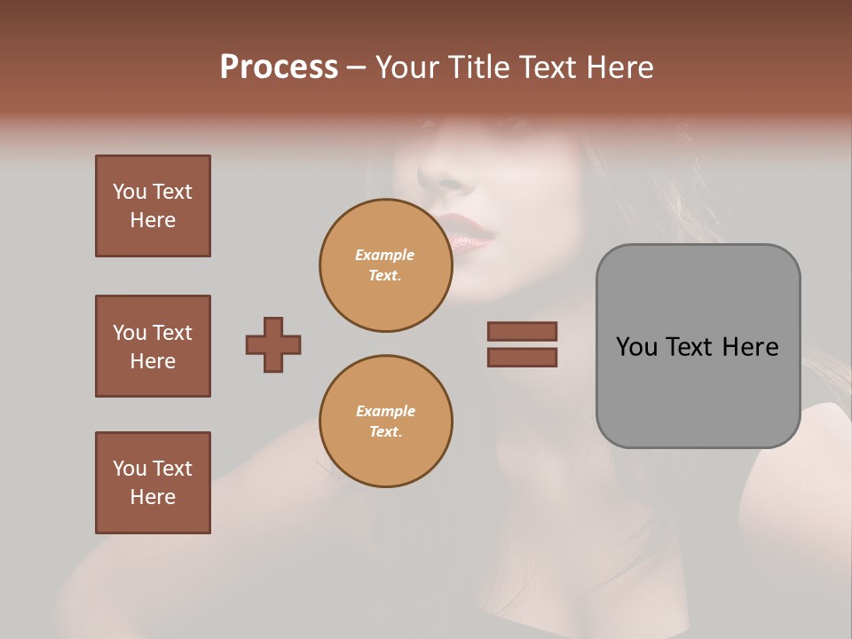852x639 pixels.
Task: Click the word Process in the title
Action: point(279,67)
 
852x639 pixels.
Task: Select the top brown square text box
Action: point(153,206)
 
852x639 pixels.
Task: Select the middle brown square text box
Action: point(153,346)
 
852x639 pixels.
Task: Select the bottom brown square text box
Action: point(153,483)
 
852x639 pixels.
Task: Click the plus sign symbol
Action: point(273,344)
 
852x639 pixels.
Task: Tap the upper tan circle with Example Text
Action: point(385,264)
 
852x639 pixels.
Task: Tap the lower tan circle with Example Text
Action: point(385,422)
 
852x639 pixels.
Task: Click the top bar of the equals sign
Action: point(523,331)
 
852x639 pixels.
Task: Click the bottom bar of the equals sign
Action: point(523,357)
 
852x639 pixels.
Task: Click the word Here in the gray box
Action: point(750,347)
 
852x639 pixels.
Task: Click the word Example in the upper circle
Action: point(385,255)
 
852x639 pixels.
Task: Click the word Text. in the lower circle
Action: point(385,432)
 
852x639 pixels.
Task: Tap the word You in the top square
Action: point(130,192)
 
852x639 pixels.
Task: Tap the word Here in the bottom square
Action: point(153,497)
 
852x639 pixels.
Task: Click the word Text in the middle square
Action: point(172,333)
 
